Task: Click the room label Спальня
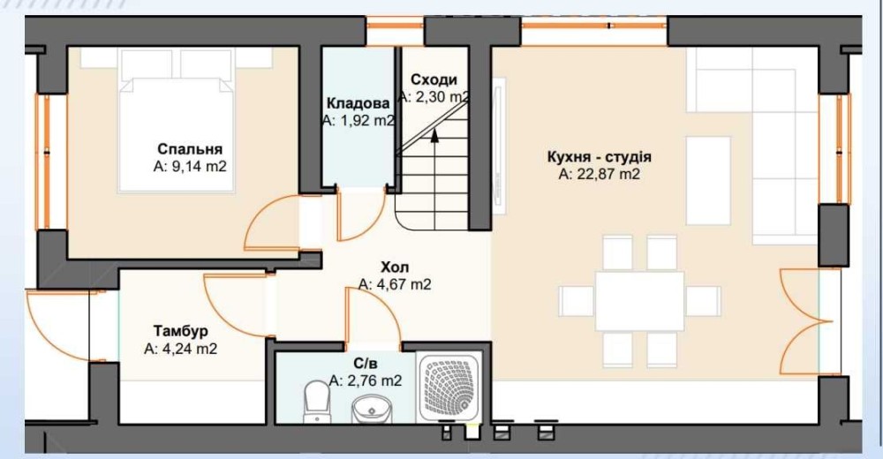[x=190, y=149]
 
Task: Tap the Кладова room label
[x=358, y=103]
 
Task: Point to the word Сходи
[x=434, y=80]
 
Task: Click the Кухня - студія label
[x=600, y=156]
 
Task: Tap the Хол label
[x=395, y=267]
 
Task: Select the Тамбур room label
[x=181, y=331]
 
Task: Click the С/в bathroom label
[x=366, y=364]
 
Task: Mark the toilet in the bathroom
[x=316, y=402]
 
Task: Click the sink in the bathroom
[x=372, y=409]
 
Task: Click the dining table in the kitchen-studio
[x=639, y=301]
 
